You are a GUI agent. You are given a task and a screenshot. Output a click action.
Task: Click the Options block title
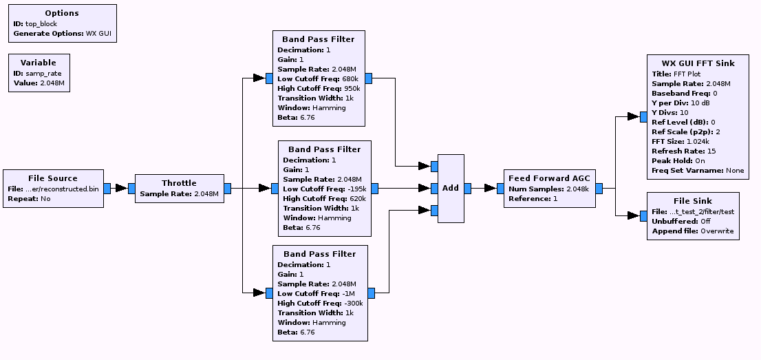coord(61,13)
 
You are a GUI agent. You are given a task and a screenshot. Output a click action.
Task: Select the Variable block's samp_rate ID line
coord(38,73)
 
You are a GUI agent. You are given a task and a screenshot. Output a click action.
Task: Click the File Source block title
coord(53,178)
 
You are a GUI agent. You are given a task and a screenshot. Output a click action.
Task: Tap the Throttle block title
coord(179,183)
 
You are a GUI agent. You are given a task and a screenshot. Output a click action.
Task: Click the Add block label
coord(451,188)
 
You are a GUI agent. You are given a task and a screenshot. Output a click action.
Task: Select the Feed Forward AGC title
coord(549,178)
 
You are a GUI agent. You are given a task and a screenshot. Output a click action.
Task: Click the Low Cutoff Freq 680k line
coord(317,79)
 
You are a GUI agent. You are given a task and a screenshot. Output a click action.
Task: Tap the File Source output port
coord(107,189)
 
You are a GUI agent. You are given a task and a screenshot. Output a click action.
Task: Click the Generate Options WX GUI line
coord(61,33)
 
